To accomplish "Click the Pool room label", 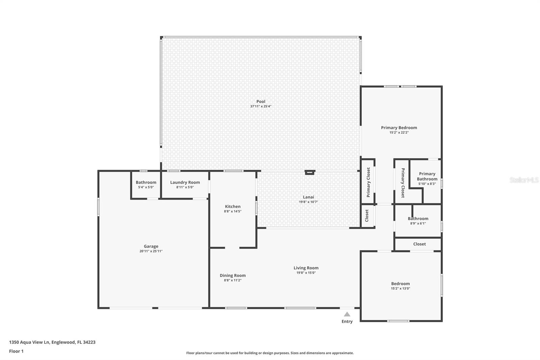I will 261,101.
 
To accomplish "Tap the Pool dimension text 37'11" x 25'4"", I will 261,106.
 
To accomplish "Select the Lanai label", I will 308,197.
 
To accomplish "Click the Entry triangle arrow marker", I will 347,314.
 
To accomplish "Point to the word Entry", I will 347,322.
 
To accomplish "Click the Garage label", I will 151,246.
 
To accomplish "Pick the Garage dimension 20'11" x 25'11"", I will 151,251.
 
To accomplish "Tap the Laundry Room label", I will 185,182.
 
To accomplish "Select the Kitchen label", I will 233,206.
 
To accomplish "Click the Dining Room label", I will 233,275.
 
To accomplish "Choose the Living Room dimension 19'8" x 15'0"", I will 306,273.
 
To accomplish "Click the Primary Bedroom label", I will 399,127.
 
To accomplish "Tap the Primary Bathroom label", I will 427,176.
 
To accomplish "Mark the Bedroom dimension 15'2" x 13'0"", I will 400,289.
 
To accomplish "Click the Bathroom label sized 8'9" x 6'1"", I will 418,218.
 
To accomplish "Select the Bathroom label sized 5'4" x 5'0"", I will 146,182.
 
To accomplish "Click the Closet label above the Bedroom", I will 419,244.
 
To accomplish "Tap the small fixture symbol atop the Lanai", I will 309,172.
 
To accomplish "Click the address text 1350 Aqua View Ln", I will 29,342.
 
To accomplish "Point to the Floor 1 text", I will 16,351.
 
